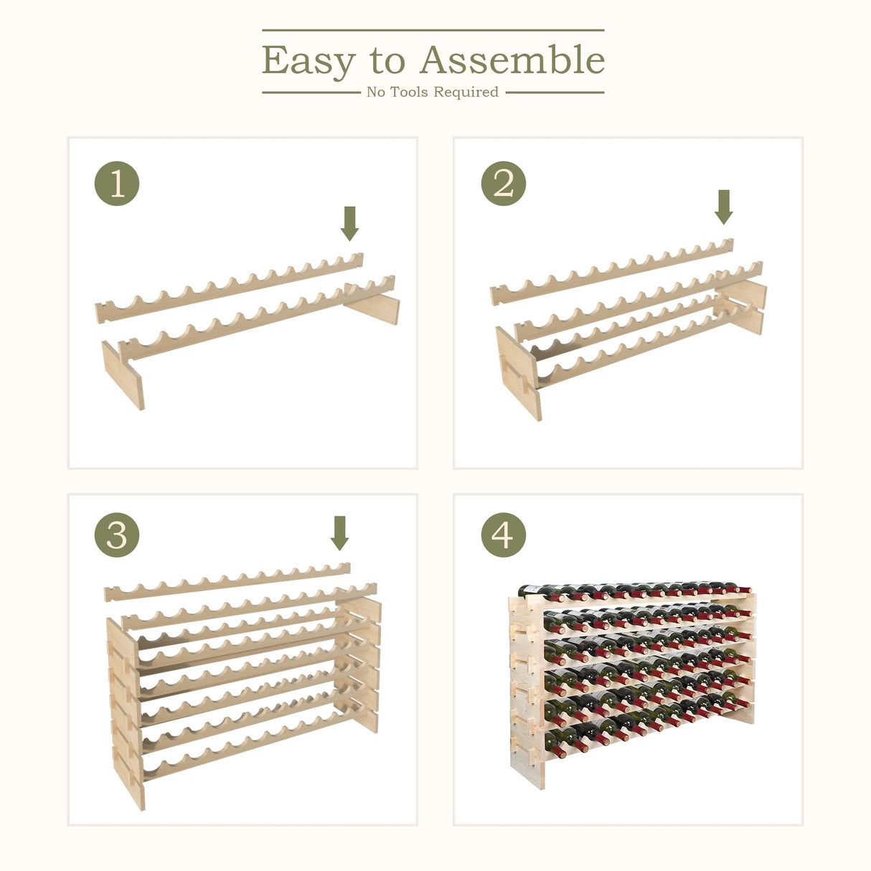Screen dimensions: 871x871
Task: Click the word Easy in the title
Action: pos(308,61)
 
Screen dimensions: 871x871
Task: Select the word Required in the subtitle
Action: pos(466,92)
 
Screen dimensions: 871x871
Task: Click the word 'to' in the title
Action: pos(387,62)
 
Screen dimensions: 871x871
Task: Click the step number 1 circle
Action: pos(117,184)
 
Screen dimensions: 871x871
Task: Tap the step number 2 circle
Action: pos(503,184)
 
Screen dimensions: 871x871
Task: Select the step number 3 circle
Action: pos(117,535)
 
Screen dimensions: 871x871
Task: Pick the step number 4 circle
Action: pos(503,535)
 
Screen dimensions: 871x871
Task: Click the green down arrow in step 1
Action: pos(349,223)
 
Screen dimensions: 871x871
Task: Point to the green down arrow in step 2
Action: pos(724,207)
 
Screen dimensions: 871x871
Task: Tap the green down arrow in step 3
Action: pos(339,532)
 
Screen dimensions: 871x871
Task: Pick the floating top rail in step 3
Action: pos(227,583)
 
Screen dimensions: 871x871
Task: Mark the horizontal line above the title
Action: pos(433,30)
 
